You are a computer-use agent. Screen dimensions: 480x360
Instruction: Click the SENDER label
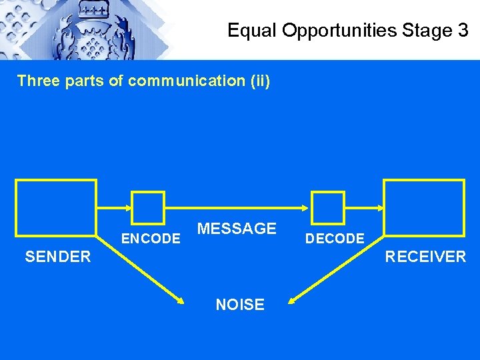point(58,257)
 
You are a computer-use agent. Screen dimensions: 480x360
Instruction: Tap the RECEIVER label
point(425,257)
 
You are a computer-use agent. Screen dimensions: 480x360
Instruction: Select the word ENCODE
point(151,239)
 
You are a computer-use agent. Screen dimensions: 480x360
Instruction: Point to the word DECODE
point(335,239)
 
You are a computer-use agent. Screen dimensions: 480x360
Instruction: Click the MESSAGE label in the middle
point(237,229)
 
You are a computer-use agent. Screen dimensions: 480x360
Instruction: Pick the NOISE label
point(240,305)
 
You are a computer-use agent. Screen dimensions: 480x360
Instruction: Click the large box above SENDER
point(56,207)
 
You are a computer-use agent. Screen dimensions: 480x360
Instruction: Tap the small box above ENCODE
point(148,207)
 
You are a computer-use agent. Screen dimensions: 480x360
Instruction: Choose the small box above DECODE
point(329,207)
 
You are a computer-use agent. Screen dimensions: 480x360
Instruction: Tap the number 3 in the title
point(463,30)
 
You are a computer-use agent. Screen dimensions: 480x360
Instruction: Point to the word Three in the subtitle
point(37,81)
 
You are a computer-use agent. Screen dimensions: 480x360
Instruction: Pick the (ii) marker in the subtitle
point(259,81)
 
